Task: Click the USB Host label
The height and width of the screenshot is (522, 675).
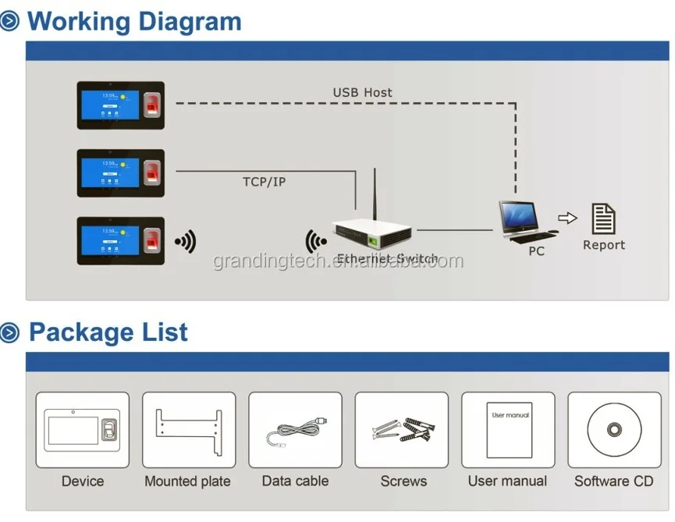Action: pos(362,93)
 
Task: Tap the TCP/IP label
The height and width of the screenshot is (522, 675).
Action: pos(264,182)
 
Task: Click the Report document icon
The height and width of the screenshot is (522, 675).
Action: pos(603,218)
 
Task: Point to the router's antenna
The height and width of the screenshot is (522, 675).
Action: pos(375,195)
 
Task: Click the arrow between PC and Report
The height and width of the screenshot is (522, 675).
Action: pos(567,218)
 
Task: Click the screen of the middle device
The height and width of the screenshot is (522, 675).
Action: pos(108,172)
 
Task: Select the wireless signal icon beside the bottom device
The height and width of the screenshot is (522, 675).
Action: pos(185,242)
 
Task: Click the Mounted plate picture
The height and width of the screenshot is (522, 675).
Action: pos(188,430)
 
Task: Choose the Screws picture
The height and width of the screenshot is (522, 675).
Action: pos(401,430)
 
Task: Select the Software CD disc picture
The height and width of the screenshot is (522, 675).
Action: pos(614,430)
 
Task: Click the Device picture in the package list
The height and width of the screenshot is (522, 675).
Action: pos(82,430)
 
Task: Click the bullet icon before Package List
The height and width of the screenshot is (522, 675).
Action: pos(10,333)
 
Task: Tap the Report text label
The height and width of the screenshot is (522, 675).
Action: pos(604,245)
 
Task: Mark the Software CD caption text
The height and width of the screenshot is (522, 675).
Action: pos(613,481)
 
